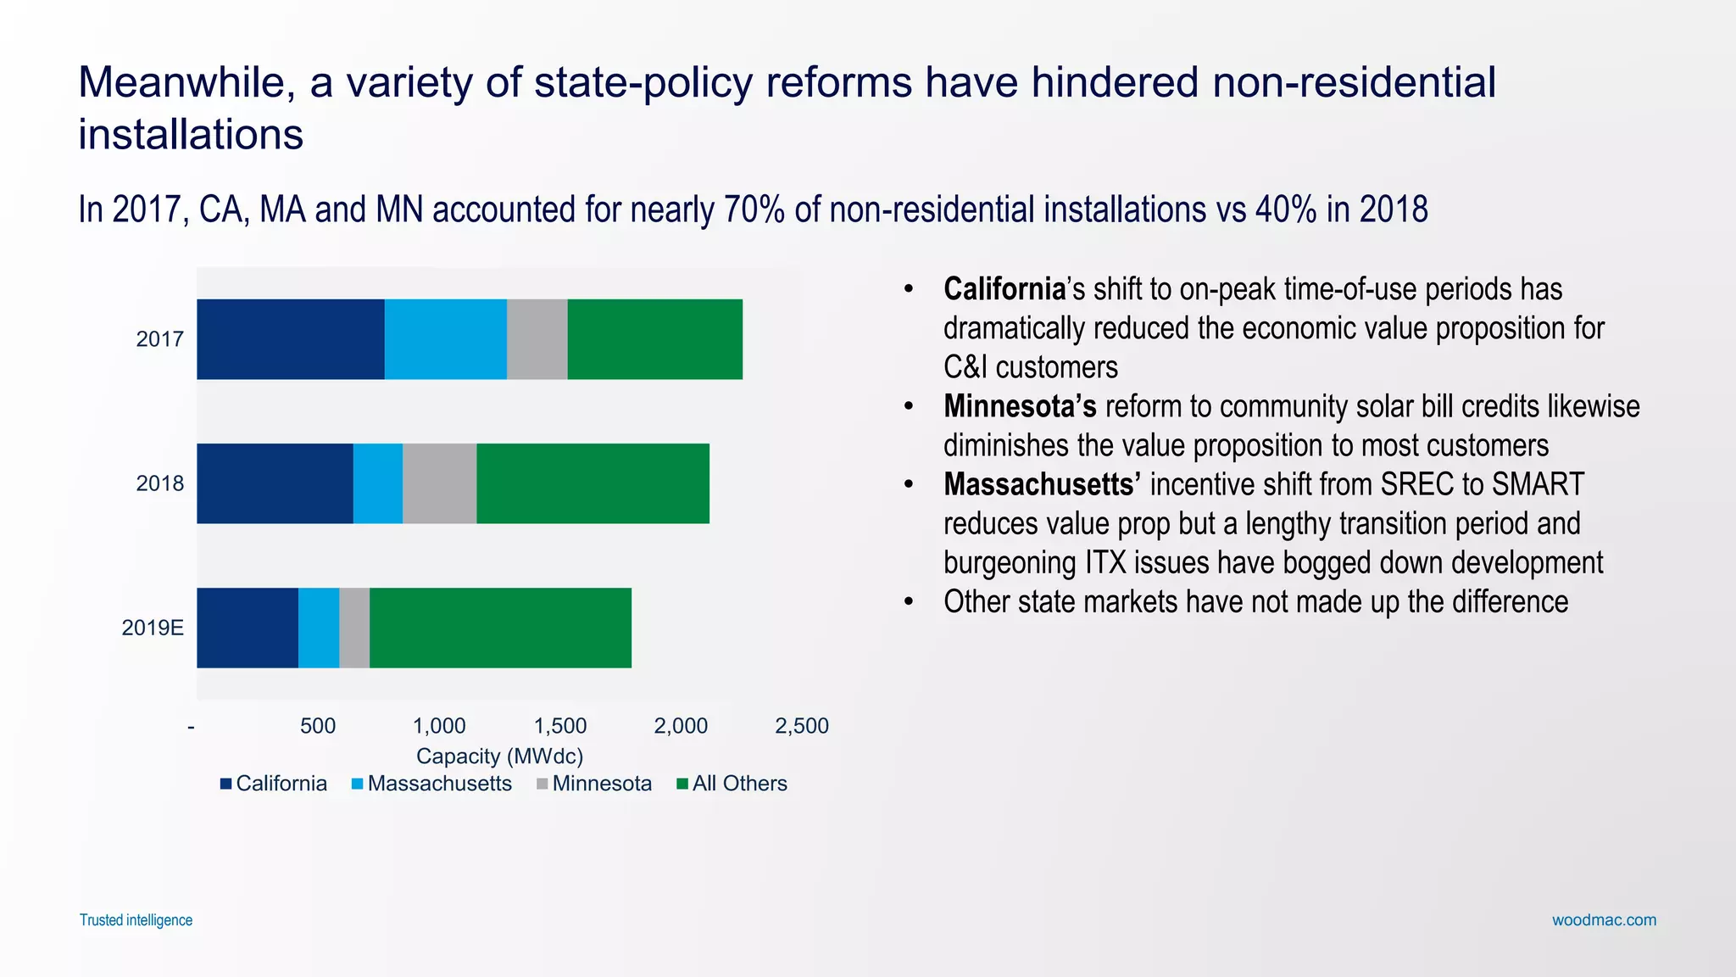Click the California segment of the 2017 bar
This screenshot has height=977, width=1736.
(290, 339)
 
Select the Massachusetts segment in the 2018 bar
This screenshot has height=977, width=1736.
(377, 483)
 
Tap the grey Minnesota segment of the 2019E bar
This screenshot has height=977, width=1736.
(354, 628)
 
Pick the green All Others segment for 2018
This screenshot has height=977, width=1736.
(593, 483)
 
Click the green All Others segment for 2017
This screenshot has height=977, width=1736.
(654, 339)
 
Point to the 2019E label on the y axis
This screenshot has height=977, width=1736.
(153, 628)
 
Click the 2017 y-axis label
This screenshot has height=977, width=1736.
(159, 339)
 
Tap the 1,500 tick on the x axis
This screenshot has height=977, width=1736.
(559, 726)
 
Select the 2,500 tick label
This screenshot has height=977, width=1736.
(801, 726)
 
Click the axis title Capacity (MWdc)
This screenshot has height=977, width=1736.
(499, 756)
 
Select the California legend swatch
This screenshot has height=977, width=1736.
(225, 784)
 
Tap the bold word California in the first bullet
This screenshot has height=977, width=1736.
(1004, 289)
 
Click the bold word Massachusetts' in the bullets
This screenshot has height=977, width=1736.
(1042, 484)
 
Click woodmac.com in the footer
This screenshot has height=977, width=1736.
(1604, 920)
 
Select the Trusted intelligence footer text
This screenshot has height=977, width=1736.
(136, 920)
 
